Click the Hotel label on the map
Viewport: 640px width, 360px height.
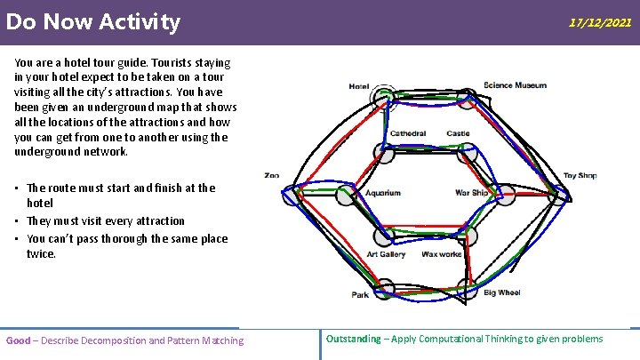(359, 86)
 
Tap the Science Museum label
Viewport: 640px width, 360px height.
(515, 85)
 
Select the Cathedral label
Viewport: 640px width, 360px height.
(408, 134)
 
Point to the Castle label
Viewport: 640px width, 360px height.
(459, 134)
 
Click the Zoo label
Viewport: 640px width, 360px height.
(272, 175)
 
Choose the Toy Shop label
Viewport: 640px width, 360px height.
(580, 175)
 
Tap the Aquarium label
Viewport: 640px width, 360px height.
(383, 193)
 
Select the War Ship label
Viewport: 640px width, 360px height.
(472, 193)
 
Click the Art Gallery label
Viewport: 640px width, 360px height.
(387, 254)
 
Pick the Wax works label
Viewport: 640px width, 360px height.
(442, 254)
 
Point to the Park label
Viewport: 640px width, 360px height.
(360, 294)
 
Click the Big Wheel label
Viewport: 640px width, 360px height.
(502, 292)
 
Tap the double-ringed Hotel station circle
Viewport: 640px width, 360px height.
(384, 95)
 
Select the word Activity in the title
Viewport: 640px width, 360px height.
(140, 21)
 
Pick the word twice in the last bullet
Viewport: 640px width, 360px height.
(41, 254)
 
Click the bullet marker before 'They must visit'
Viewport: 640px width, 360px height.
(18, 221)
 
